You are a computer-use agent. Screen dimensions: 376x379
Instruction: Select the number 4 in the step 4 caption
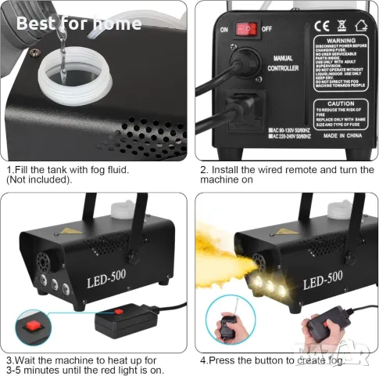pos(202,360)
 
